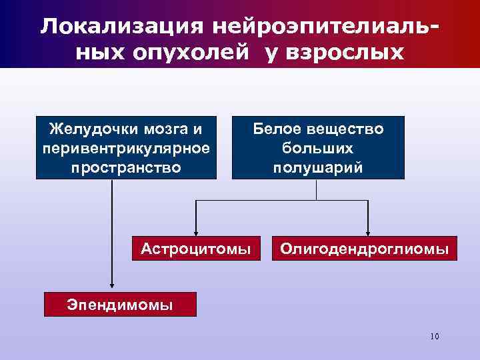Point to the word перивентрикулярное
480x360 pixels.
[x=126, y=147]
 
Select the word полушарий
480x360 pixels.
[x=318, y=167]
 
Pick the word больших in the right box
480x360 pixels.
[x=318, y=148]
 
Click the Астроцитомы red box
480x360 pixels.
[x=196, y=249]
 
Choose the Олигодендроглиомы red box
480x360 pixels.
[x=364, y=249]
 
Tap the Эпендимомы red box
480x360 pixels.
[x=120, y=305]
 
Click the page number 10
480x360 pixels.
[x=435, y=336]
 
